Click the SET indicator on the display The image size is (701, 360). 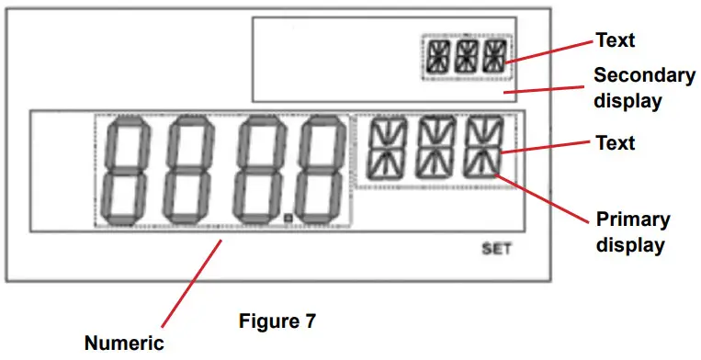pos(496,249)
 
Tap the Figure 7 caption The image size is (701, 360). pos(277,321)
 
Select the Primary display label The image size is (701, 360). pos(633,232)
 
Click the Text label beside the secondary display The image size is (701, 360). pos(616,40)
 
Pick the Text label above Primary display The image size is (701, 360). pos(616,143)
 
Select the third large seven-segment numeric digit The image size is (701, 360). pos(257,171)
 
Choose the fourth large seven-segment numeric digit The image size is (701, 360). pos(322,171)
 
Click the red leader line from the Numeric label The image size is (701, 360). pos(191,283)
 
